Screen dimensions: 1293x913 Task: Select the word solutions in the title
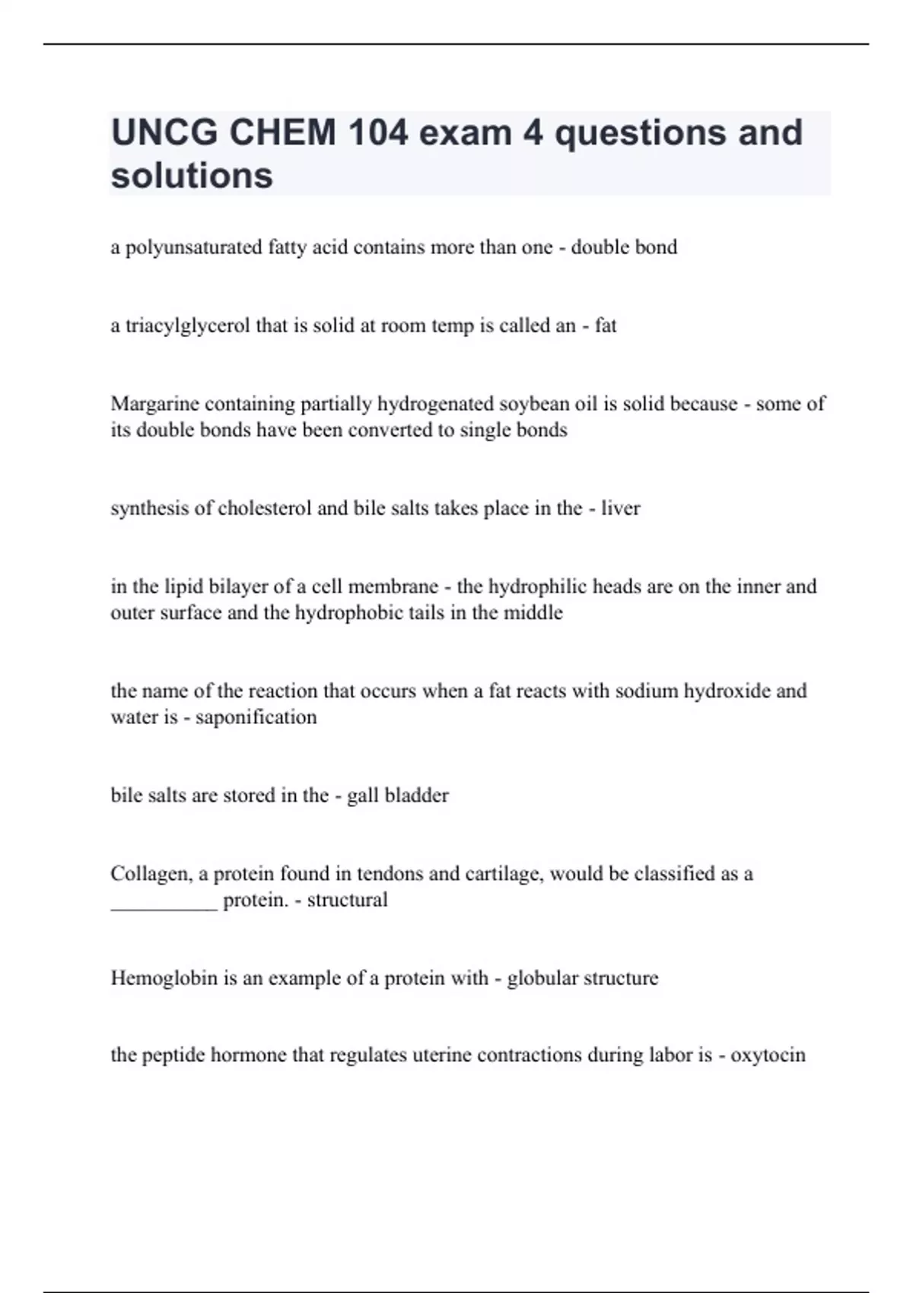point(192,176)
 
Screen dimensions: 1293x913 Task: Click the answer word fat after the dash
point(606,326)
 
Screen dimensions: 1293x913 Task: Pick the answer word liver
point(621,508)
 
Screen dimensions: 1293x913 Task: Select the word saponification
point(256,717)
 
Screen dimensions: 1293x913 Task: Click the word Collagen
point(151,874)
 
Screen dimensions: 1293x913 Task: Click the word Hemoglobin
point(164,978)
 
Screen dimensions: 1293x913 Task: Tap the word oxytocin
point(768,1056)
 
